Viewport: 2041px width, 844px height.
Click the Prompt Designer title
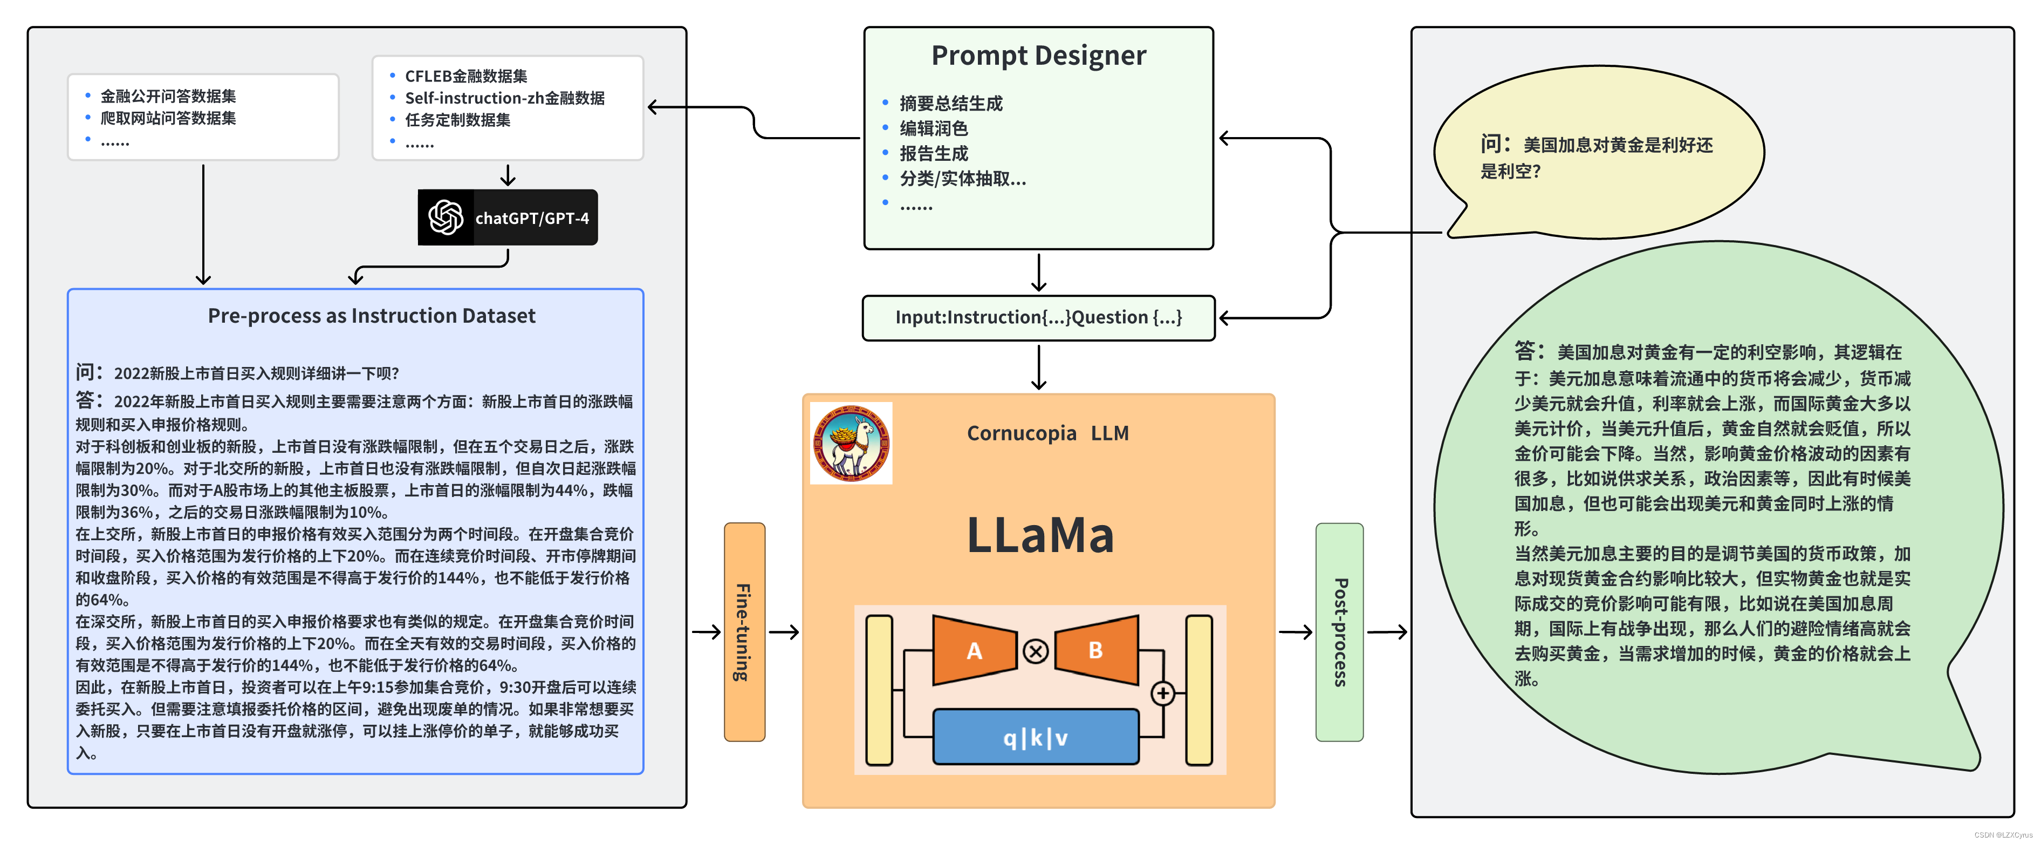pos(1038,56)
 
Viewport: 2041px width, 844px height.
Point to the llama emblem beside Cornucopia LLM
pos(851,443)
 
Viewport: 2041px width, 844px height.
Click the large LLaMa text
pos(1039,535)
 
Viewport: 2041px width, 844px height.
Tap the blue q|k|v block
pos(1036,738)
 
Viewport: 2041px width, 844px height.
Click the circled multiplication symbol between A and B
pos(1036,651)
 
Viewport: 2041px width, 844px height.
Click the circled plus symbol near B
pos(1162,693)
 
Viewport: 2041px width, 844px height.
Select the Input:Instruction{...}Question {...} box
pos(1038,318)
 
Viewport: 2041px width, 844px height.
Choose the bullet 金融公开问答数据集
pos(168,96)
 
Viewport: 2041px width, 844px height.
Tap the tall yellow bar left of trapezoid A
pos(879,690)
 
